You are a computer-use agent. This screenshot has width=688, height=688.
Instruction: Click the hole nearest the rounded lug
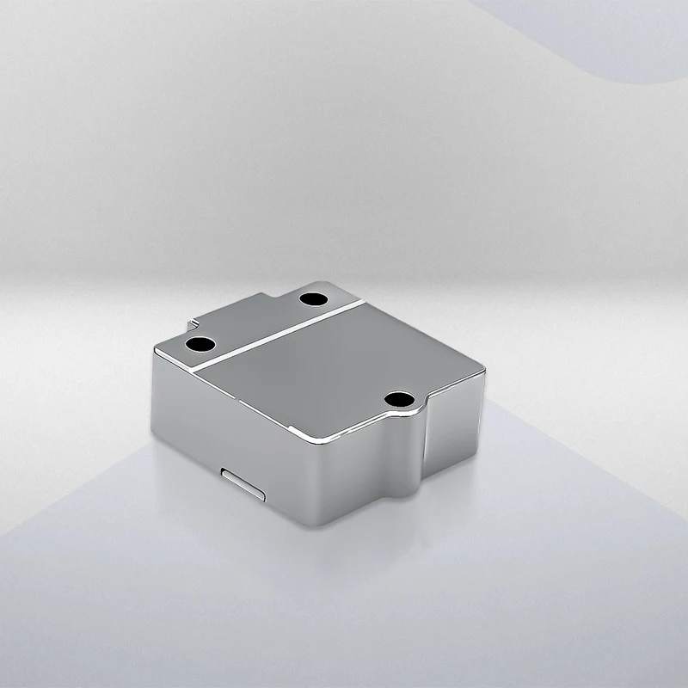pos(401,399)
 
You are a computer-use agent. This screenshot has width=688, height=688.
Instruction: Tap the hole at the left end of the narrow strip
pos(200,344)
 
